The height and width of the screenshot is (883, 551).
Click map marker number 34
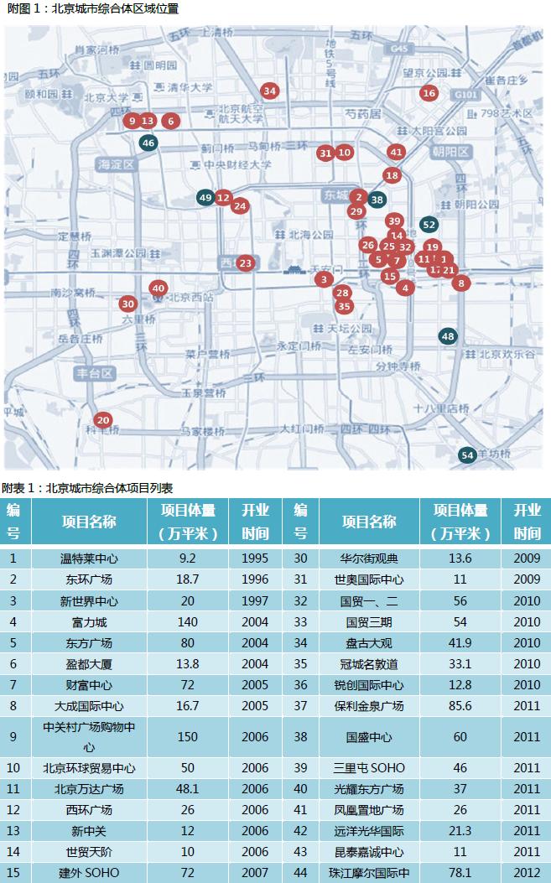[269, 91]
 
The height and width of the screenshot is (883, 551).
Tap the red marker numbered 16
[429, 93]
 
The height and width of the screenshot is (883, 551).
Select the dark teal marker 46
[148, 143]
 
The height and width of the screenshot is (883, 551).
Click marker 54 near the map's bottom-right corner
[468, 454]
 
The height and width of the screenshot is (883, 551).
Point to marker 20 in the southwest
[103, 420]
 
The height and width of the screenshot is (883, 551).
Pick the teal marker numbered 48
[448, 336]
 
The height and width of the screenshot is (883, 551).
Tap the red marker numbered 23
[245, 263]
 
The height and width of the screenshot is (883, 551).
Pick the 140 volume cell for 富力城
[188, 622]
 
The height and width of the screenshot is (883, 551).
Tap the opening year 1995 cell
[256, 557]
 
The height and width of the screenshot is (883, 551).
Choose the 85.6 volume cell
[467, 706]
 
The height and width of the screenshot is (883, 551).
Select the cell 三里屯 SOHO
[369, 767]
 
